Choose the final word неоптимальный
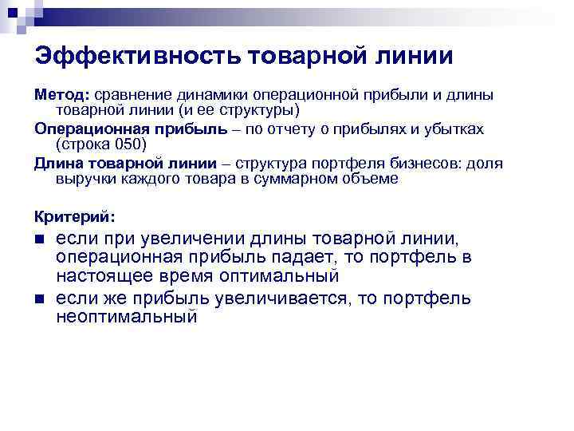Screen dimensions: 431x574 [x=126, y=317]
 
